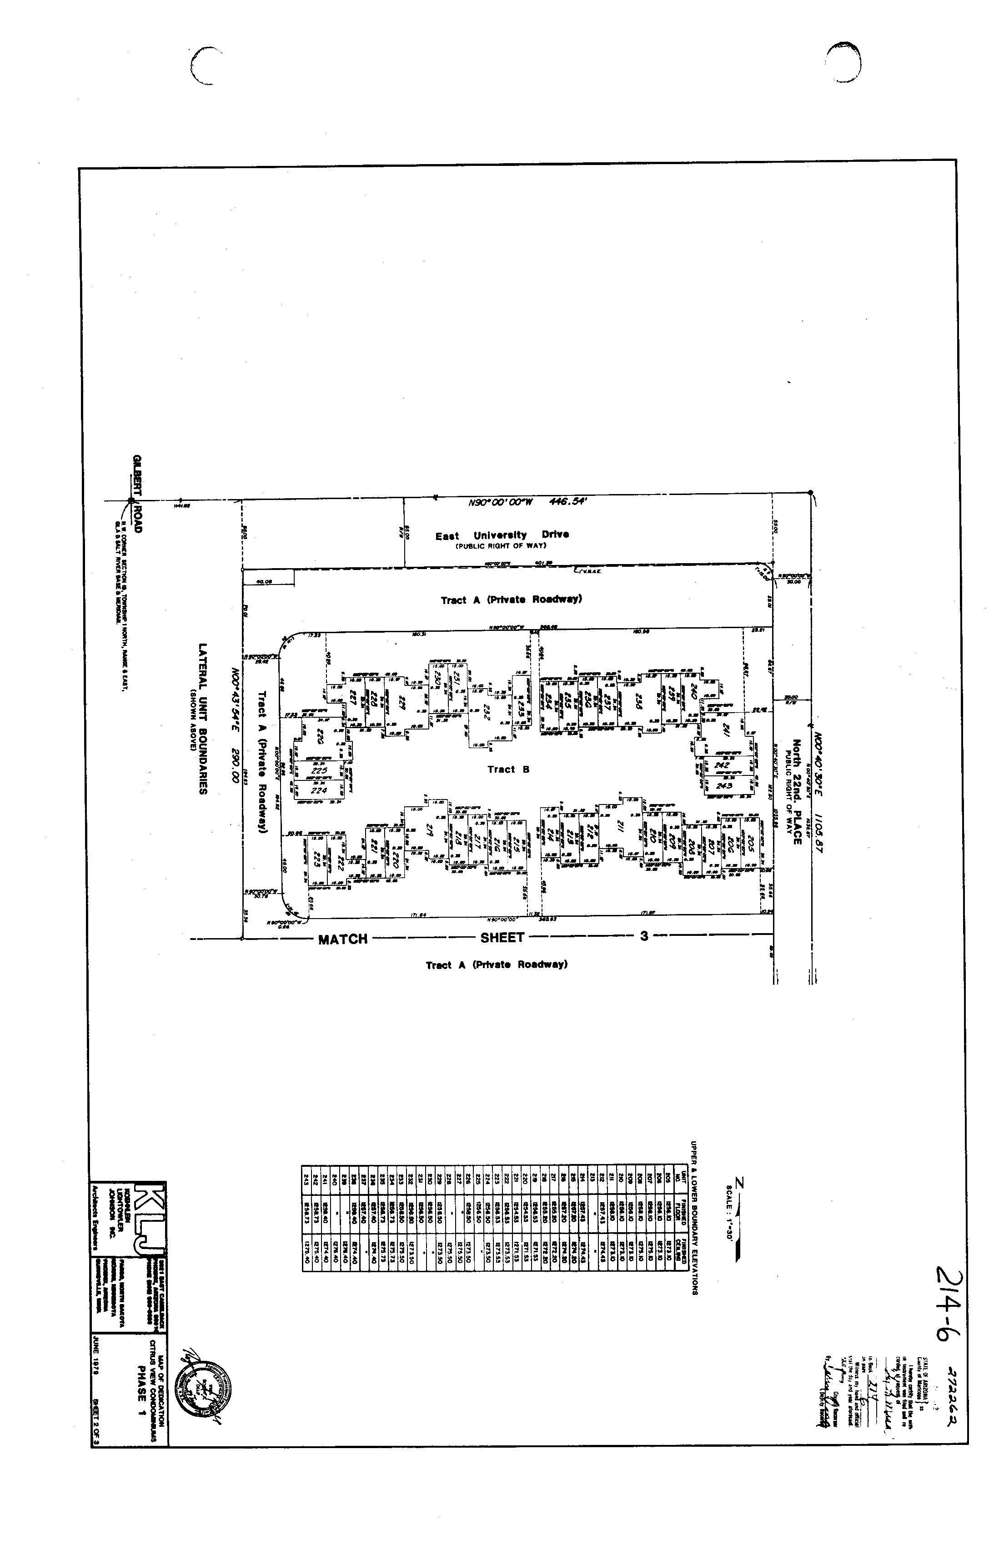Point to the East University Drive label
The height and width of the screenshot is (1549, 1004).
click(x=502, y=535)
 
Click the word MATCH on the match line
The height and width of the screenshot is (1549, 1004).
click(x=342, y=939)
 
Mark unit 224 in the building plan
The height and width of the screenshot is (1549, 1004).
click(x=318, y=790)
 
